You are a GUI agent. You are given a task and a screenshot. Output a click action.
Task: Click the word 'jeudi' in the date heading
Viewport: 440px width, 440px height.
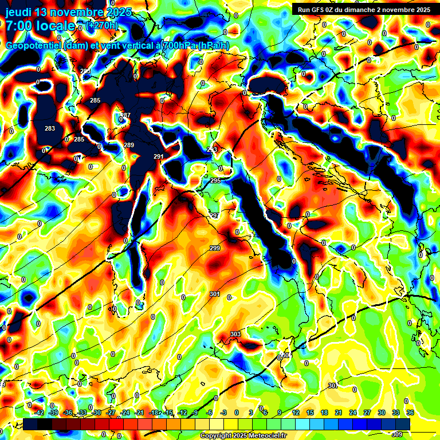point(19,12)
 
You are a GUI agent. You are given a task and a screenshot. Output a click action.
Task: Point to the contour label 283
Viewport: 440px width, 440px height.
point(50,128)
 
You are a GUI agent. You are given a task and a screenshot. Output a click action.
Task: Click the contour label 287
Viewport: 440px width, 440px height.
point(125,116)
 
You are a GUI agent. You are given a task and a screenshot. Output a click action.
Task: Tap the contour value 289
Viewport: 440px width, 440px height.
point(129,145)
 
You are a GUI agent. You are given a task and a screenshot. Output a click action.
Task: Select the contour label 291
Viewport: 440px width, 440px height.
point(159,156)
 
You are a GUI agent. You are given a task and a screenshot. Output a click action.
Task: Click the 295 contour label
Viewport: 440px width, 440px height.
point(215,180)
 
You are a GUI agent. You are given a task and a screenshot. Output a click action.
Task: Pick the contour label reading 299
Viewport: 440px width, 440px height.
point(215,248)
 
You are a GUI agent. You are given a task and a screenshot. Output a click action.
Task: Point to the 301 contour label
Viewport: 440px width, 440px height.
point(215,294)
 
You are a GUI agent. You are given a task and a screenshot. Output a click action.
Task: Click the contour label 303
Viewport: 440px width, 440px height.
point(235,334)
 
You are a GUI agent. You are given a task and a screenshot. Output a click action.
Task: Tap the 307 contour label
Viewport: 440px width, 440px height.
point(333,386)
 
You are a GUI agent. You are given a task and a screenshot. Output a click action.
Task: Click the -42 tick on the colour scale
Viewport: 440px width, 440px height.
point(39,412)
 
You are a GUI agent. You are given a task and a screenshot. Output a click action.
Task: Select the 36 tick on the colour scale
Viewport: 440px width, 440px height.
point(410,412)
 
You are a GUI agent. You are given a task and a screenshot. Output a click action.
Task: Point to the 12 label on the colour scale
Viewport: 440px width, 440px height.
point(296,412)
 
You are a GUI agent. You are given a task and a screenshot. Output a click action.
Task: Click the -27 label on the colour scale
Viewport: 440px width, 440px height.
point(111,412)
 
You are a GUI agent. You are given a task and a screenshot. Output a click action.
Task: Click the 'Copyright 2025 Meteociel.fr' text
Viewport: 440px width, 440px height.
point(242,435)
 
